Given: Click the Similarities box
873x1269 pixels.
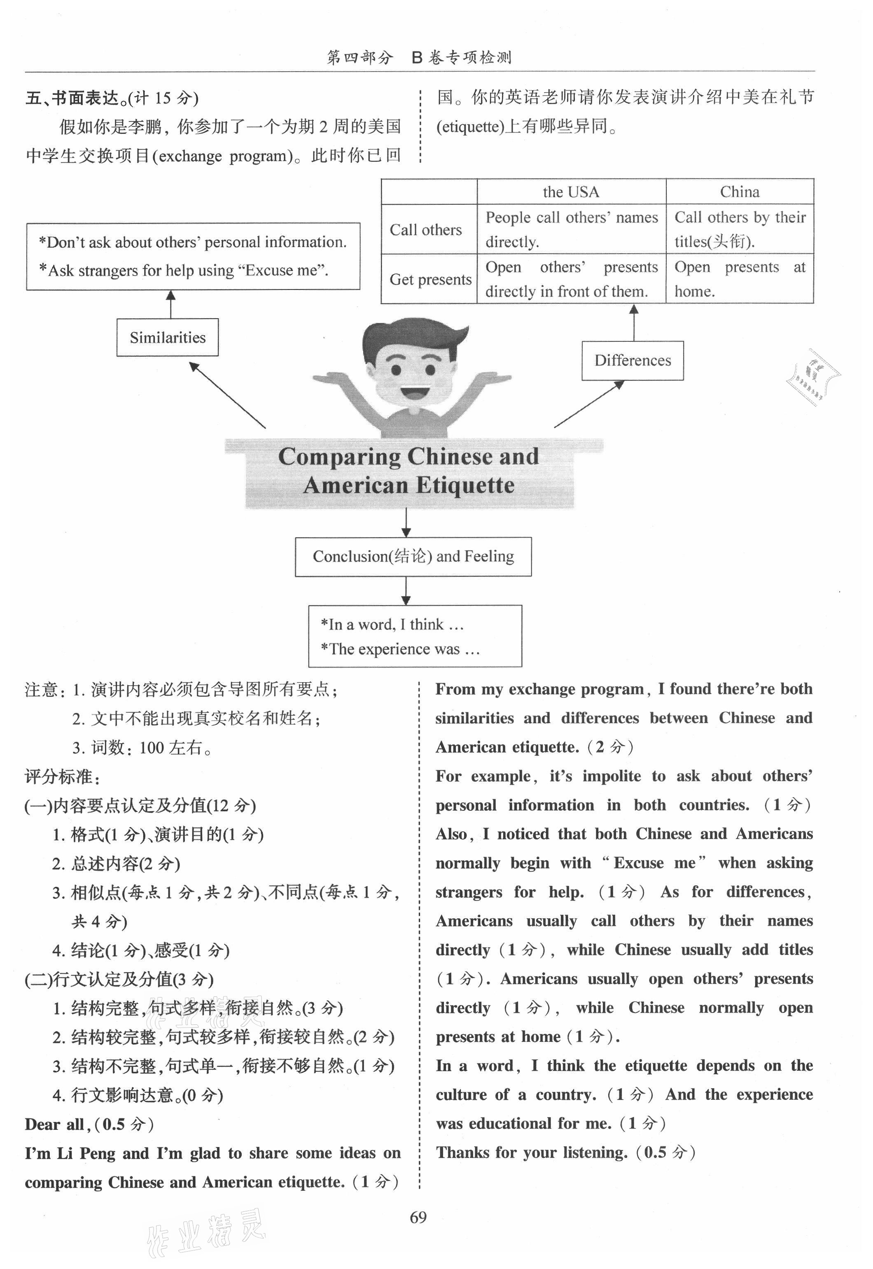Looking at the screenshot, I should point(167,338).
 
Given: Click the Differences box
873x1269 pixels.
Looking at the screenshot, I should point(633,360).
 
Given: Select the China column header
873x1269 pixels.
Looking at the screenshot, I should point(740,192).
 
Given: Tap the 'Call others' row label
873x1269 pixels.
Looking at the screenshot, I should point(425,230).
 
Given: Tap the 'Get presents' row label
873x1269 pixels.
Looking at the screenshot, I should point(430,280).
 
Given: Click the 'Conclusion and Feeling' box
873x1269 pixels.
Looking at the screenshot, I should point(413,557).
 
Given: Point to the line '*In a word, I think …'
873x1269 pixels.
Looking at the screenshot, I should point(392,625).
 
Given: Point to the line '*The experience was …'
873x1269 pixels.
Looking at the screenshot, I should point(400,649).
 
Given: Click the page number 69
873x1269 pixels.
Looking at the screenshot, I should point(418,1217).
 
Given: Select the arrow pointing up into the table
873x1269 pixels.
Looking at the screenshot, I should point(634,322).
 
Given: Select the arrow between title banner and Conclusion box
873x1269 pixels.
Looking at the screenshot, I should point(406,523).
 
